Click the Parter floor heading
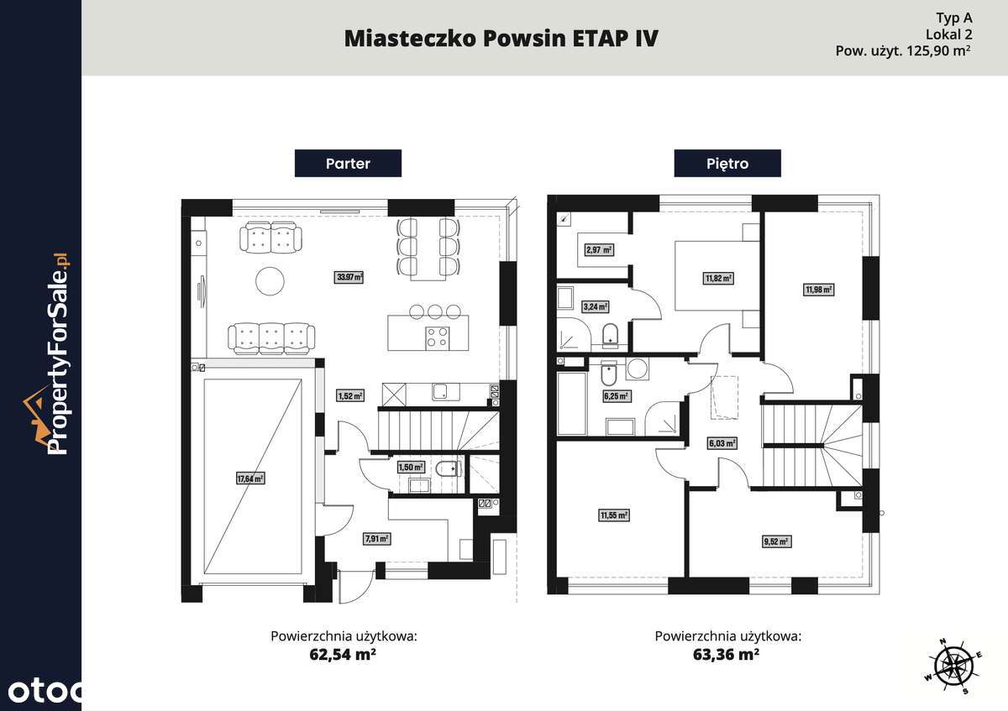[x=348, y=163]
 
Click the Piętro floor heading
[x=727, y=163]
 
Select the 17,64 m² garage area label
[x=250, y=478]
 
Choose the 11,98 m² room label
[x=818, y=290]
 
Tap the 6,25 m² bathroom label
[x=615, y=395]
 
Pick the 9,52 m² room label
[x=777, y=541]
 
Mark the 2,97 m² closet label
[x=600, y=249]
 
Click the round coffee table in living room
[x=271, y=280]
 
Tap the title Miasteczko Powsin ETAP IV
[x=501, y=39]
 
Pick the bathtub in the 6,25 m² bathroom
[x=572, y=405]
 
